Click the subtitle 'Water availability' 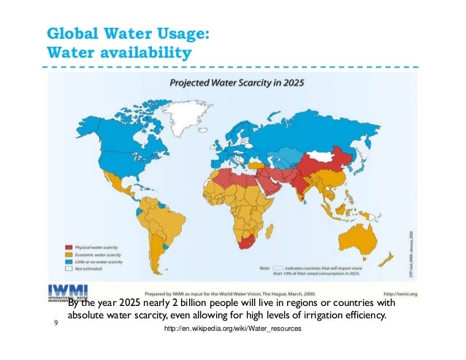click(x=118, y=54)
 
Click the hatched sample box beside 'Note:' click(x=278, y=268)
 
